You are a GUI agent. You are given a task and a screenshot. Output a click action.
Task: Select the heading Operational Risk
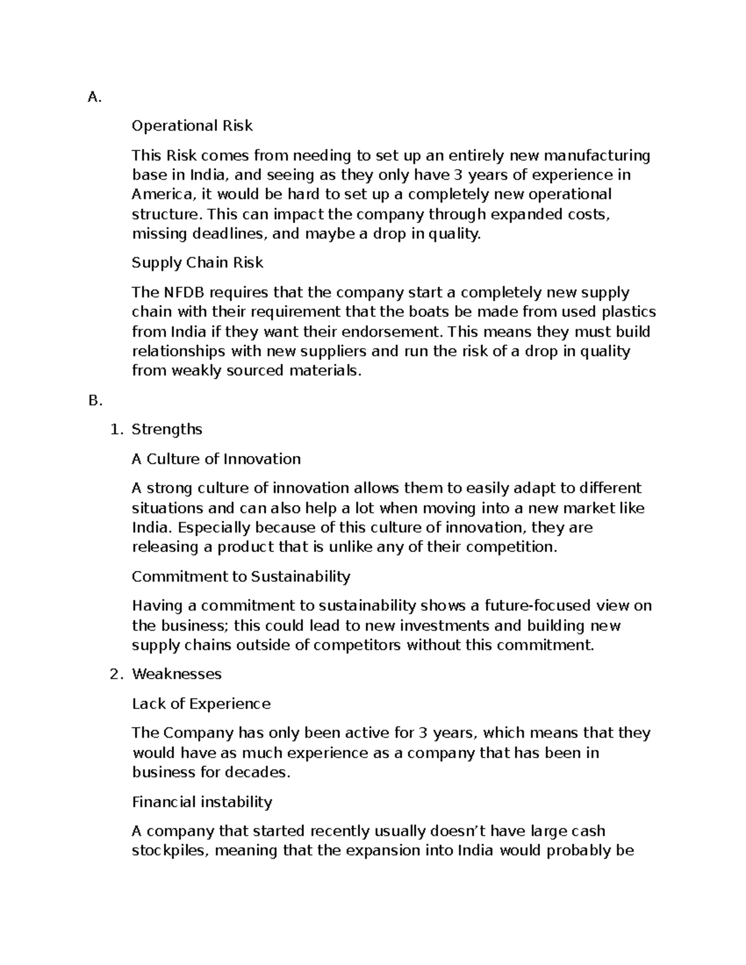tap(192, 126)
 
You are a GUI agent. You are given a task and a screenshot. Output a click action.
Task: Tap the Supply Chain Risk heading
tap(197, 263)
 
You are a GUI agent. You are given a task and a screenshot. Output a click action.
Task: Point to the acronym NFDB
tap(179, 293)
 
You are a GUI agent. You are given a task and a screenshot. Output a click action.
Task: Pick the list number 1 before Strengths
tap(114, 430)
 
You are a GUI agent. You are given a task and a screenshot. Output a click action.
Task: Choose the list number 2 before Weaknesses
tap(114, 674)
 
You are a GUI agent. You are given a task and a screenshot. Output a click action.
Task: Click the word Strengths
tap(167, 430)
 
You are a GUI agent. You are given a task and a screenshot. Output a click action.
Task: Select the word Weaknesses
tap(177, 674)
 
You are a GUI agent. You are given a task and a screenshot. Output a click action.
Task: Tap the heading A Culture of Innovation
tap(216, 459)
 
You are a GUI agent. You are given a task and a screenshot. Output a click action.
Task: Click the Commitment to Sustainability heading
tap(241, 577)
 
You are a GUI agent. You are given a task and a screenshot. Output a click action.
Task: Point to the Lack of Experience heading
tap(201, 704)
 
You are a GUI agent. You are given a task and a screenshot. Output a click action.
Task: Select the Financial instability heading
tap(202, 802)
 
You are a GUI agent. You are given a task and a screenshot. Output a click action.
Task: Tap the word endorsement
tap(392, 332)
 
